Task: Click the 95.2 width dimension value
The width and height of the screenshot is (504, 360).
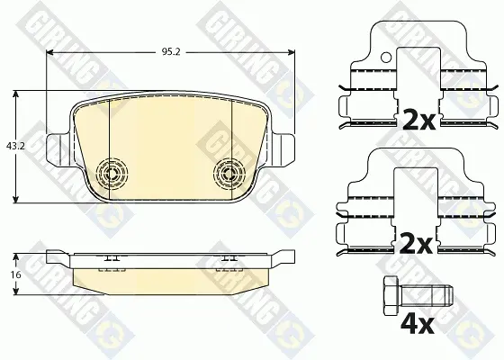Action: [x=171, y=52]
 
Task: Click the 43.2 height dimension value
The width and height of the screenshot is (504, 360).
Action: [x=15, y=146]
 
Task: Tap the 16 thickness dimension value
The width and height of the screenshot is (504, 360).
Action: [x=15, y=274]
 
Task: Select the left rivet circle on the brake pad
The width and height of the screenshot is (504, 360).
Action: [x=112, y=174]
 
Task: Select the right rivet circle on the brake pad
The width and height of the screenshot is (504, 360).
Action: [x=229, y=174]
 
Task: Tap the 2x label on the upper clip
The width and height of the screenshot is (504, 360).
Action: [x=418, y=121]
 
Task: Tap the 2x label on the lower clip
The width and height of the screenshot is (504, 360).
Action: [x=415, y=245]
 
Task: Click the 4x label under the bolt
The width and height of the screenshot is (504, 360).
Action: [x=418, y=324]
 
